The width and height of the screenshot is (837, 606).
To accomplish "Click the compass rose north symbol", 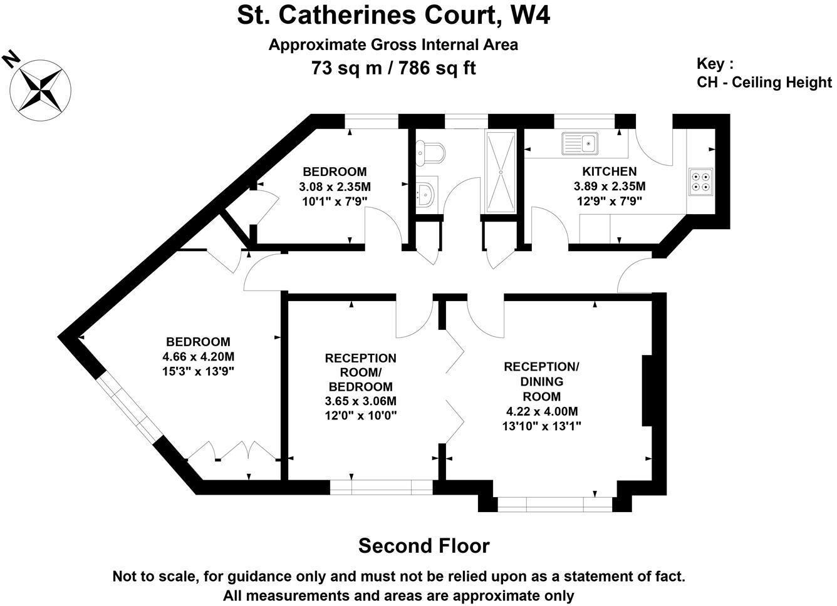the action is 40,90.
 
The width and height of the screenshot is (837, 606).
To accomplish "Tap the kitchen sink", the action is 580,143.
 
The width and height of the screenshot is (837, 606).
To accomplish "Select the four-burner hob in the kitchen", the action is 700,182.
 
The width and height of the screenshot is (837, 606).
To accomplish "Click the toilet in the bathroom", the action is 431,153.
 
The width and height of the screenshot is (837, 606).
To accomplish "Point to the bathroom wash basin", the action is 425,194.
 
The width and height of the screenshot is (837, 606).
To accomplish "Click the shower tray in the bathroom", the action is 501,172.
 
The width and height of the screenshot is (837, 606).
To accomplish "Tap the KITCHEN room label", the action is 609,172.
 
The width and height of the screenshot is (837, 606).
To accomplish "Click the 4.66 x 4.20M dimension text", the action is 198,357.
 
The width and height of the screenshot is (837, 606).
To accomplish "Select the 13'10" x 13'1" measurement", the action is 541,426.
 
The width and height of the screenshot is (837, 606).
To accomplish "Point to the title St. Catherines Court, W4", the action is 393,15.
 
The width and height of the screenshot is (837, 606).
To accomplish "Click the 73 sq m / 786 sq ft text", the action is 393,68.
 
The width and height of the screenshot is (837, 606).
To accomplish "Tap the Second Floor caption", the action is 424,546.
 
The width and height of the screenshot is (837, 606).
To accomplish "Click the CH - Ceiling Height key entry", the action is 764,82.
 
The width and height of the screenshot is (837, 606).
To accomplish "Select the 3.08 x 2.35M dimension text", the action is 335,187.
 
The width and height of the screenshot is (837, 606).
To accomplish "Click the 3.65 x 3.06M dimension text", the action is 361,401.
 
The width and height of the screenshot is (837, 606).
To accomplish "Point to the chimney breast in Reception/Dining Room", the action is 647,390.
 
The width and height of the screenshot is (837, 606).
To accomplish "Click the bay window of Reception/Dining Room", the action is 555,504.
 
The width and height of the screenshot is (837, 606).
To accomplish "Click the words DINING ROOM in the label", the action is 541,389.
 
